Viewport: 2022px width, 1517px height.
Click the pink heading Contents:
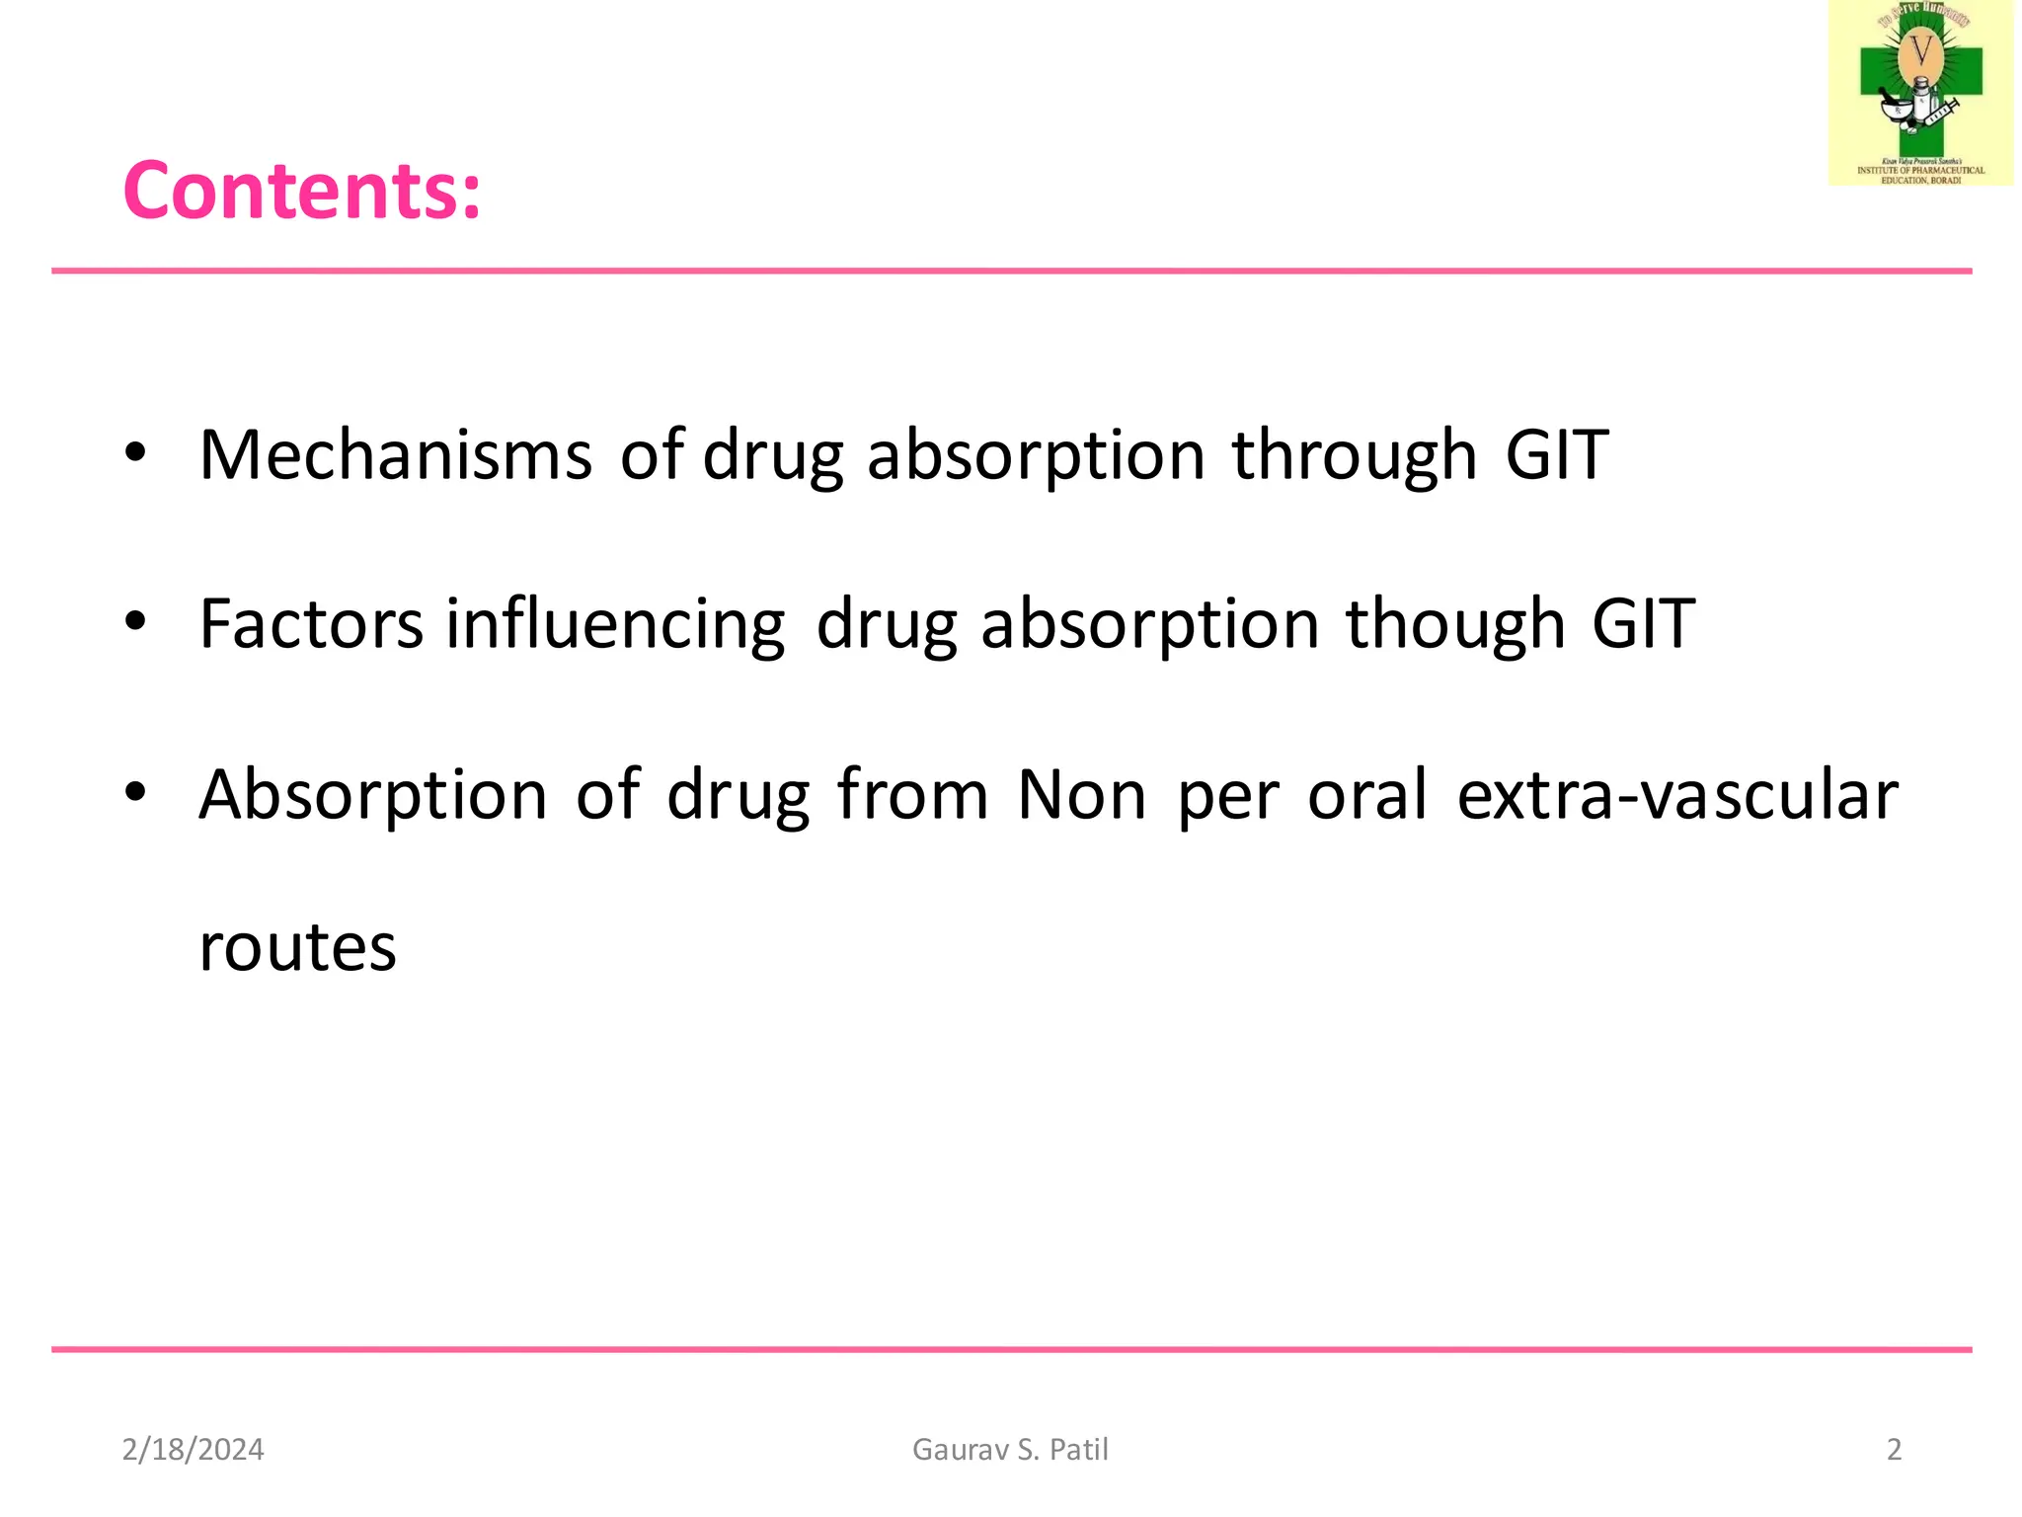[x=301, y=191]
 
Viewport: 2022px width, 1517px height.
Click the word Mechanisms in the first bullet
[x=395, y=455]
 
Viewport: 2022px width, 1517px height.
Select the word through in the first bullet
[x=1354, y=455]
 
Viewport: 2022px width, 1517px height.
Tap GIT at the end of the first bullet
[x=1557, y=455]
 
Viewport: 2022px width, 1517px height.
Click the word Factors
[x=311, y=624]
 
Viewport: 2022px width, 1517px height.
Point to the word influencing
[x=615, y=624]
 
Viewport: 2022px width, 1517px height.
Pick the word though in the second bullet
[x=1455, y=624]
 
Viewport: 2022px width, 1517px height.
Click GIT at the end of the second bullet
[x=1643, y=624]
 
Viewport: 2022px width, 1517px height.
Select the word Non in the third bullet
[x=1081, y=795]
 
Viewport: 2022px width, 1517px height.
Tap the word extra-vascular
[x=1676, y=795]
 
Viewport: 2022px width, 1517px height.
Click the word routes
[x=297, y=947]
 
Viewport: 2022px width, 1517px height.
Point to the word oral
[x=1366, y=795]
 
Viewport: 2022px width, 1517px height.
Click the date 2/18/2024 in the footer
[x=193, y=1449]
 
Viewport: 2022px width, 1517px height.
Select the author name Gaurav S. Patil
[x=1010, y=1449]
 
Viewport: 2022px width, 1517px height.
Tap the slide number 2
[x=1894, y=1449]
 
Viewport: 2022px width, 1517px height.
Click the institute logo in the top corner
[x=1920, y=94]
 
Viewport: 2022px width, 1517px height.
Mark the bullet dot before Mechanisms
[x=135, y=453]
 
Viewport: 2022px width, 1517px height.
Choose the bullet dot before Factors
[x=135, y=622]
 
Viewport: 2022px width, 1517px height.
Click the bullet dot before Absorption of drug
[x=135, y=792]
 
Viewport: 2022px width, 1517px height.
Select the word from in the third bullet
[x=912, y=795]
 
